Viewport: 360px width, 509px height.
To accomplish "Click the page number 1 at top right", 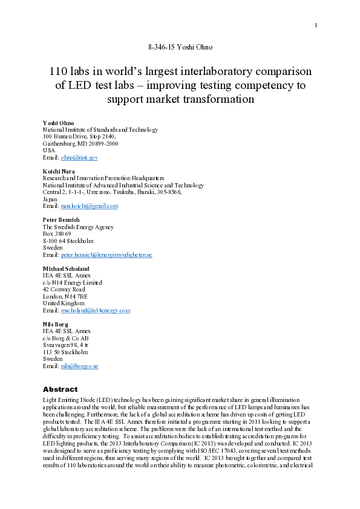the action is pos(316,25).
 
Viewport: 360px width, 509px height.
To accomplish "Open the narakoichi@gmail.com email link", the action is pos(90,206).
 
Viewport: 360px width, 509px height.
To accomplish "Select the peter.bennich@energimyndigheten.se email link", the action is pos(106,255).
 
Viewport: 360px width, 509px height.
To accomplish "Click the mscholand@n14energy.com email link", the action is pos(96,311).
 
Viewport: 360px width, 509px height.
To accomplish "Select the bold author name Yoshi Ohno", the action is pos(58,122).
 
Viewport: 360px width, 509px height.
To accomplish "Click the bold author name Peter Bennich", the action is pos(61,219).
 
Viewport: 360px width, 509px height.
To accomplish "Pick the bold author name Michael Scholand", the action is pos(66,268).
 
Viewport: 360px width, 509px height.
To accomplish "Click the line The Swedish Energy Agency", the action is pos(78,227).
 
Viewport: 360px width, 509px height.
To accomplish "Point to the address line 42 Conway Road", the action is pos(64,290).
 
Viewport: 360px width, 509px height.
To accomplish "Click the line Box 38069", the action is pos(57,234).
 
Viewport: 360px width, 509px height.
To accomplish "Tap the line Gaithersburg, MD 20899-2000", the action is pos(80,144).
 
